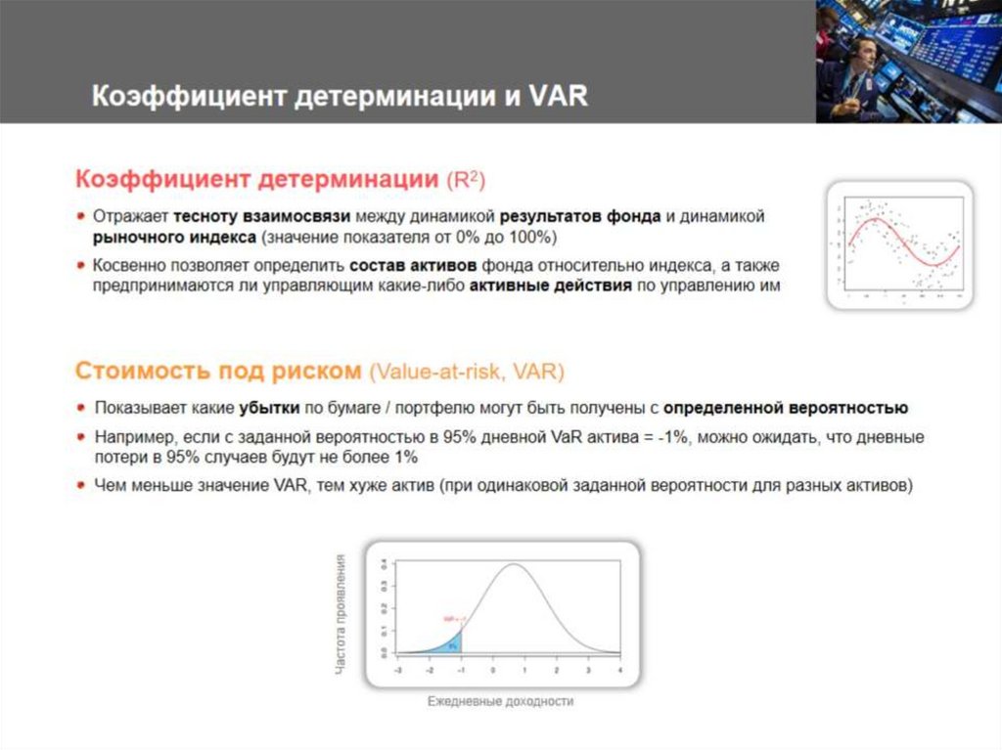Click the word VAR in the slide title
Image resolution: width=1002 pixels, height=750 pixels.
(x=557, y=97)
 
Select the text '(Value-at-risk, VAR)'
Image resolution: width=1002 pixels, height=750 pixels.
(x=467, y=372)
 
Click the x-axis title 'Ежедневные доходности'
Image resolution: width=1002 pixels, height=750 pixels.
(x=500, y=702)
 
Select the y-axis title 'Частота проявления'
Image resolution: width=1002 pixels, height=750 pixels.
(x=341, y=613)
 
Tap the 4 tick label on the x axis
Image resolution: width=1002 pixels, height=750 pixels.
(x=620, y=670)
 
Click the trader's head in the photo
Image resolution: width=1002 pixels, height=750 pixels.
(x=861, y=47)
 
